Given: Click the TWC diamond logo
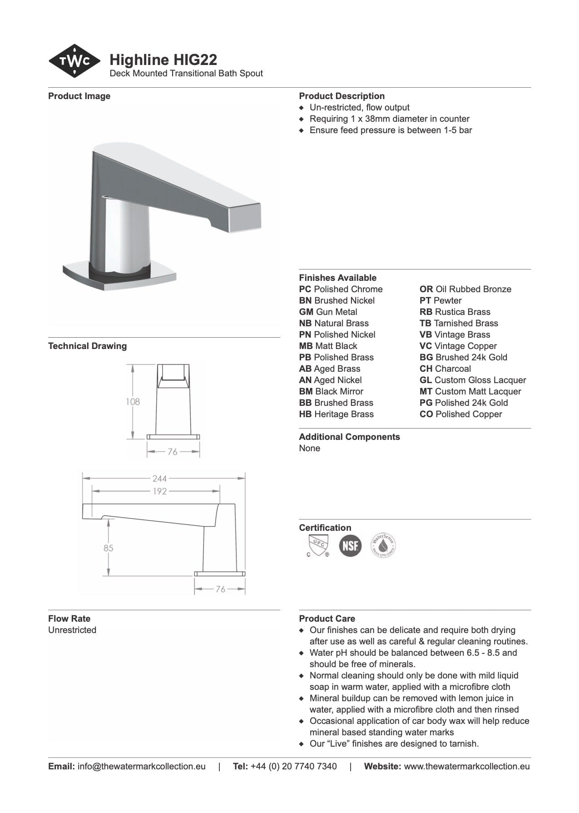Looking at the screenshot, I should coord(74,61).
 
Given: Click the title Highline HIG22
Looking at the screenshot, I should coord(163,60).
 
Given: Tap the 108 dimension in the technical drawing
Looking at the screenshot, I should coord(133,402).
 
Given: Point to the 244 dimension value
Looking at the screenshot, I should coord(159,479).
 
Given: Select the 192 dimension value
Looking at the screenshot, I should coord(159,491).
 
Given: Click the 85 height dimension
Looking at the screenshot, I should coord(108,548).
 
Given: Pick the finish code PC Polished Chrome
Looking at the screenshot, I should coord(341,289).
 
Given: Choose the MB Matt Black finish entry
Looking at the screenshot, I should coord(328,346).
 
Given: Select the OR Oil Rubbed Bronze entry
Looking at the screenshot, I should coord(465,289).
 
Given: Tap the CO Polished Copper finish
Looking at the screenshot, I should coord(460,414).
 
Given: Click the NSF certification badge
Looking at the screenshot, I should coord(350,545).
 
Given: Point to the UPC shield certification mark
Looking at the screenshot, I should coord(317,545).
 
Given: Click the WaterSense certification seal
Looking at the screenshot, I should coord(383,545).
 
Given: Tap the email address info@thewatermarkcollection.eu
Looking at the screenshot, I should coord(141,766).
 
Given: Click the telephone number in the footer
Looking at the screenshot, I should coord(293,766).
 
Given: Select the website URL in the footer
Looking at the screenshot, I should coord(466,766).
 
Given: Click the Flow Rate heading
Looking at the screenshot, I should coord(69,618).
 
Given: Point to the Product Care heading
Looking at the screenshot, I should coord(327,618).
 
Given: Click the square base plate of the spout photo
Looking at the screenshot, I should coord(119,277).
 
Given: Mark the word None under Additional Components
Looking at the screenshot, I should coord(309,448).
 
